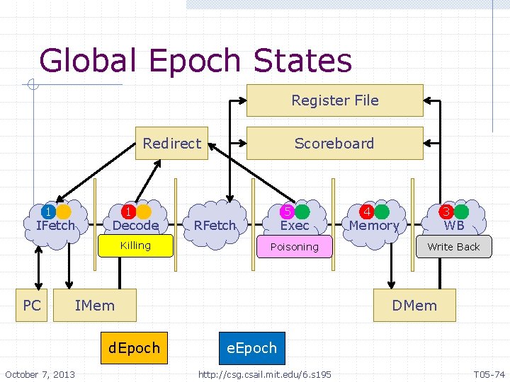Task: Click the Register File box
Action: (x=334, y=100)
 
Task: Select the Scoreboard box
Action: (x=334, y=143)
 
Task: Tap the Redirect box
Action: (x=171, y=143)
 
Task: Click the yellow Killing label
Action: (x=135, y=245)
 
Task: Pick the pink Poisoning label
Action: (x=294, y=247)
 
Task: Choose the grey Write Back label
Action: (x=453, y=247)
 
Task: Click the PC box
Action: (x=32, y=306)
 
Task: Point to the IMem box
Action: (x=94, y=306)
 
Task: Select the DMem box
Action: (x=414, y=306)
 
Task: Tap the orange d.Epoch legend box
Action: (x=135, y=348)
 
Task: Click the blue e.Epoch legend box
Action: (x=251, y=348)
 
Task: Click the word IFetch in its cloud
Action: (x=55, y=226)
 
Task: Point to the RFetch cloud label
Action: (x=214, y=226)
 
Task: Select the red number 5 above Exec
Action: (x=287, y=212)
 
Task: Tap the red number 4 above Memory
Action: (x=367, y=212)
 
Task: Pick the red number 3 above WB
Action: (x=446, y=212)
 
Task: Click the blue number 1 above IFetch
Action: (x=47, y=212)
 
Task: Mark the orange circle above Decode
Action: (x=144, y=212)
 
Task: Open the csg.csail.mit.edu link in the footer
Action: (x=264, y=374)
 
